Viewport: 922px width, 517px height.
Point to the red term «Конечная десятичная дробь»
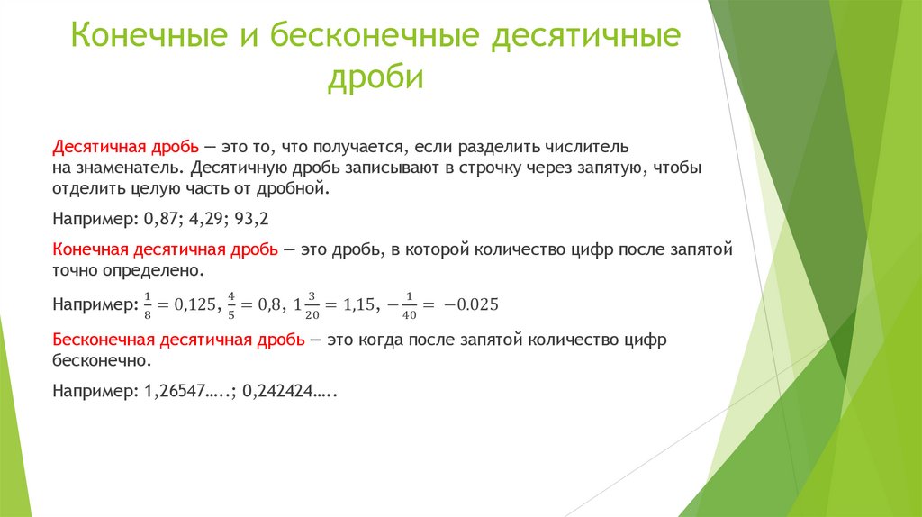click(166, 249)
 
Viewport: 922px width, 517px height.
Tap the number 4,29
click(208, 219)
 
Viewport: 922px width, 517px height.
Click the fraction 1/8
click(148, 304)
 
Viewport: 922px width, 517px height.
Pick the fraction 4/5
click(231, 304)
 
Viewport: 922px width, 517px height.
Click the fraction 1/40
click(410, 304)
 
